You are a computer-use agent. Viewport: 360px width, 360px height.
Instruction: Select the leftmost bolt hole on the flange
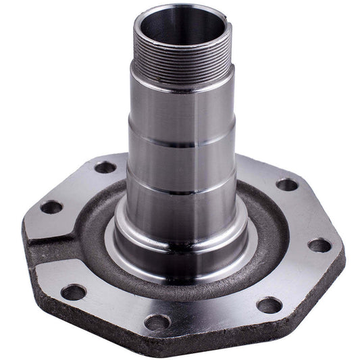51,207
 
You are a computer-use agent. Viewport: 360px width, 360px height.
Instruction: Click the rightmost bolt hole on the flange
319,245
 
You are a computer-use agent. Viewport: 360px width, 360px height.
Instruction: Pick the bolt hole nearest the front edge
157,322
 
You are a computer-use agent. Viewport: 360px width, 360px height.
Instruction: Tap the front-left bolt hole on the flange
73,292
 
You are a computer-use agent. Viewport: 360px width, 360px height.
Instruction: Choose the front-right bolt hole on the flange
269,305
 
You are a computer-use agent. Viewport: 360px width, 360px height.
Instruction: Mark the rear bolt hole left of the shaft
105,166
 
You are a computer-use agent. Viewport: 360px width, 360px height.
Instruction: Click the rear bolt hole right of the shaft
286,184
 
